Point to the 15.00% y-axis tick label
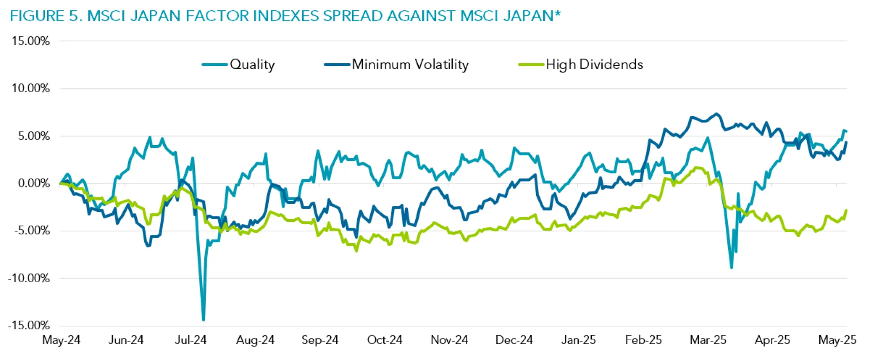tap(31, 41)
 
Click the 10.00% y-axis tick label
tap(31, 88)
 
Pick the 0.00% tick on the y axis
tap(34, 183)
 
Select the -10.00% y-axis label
tap(29, 278)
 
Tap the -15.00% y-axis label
tap(29, 325)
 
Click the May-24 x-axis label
tap(61, 340)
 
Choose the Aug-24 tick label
tap(255, 340)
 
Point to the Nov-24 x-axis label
tap(449, 340)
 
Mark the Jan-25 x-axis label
tap(578, 340)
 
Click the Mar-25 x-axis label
tap(708, 340)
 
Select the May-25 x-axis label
tap(837, 340)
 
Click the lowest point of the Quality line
tap(203, 320)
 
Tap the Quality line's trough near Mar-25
tap(731, 268)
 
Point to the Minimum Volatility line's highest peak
tap(716, 114)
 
